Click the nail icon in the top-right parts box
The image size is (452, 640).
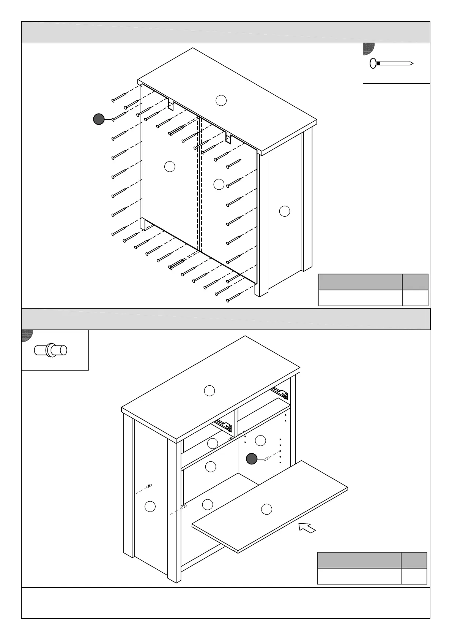tap(391, 63)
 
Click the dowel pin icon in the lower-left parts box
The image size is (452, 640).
tap(50, 350)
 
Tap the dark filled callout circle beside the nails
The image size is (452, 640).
tap(99, 119)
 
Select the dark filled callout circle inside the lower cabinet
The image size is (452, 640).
tap(252, 459)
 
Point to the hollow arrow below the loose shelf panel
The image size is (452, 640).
tap(307, 528)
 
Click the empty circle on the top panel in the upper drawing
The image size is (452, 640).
tap(221, 100)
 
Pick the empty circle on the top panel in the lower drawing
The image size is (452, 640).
tap(209, 390)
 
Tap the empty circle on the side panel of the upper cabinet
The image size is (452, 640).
tap(285, 211)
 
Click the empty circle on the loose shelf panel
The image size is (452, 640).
tap(267, 509)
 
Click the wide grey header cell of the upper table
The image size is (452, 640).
tap(360, 282)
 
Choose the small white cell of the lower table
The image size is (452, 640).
tap(414, 576)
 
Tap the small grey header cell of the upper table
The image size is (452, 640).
tap(415, 282)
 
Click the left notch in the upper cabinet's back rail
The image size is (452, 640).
tap(171, 105)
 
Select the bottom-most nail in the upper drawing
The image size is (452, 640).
tap(234, 298)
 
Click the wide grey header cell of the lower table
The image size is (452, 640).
tap(359, 560)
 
